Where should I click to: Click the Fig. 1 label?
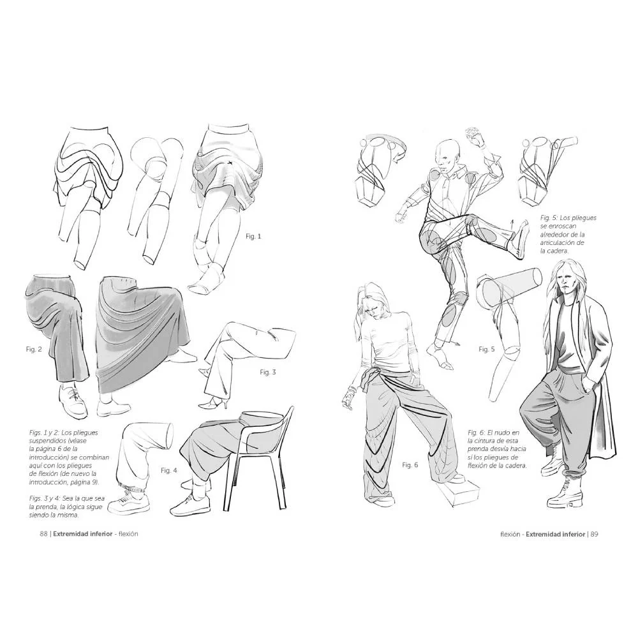coord(253,236)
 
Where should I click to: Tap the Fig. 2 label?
coord(34,349)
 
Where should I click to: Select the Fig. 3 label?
coord(268,372)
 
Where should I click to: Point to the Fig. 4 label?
coord(169,470)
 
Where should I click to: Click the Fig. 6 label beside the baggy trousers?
coord(410,464)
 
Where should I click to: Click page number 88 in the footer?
coord(44,534)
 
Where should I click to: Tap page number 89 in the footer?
coord(594,534)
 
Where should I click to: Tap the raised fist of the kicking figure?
coord(475,135)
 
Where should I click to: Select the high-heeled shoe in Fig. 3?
coord(215,404)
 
